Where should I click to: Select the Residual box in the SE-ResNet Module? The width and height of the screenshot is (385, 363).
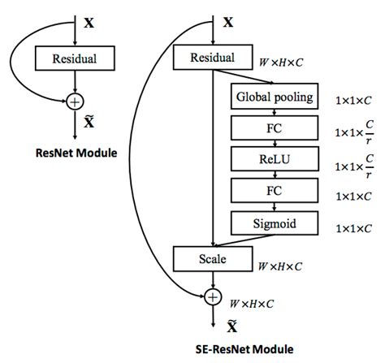pos(212,58)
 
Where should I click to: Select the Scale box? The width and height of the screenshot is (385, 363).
pos(212,260)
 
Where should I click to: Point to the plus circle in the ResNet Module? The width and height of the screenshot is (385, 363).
pos(75,102)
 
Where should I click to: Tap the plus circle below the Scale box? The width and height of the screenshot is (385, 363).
pos(212,297)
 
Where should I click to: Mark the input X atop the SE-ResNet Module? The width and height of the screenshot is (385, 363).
pos(228,24)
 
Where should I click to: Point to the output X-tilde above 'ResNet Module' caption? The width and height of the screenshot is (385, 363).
pos(89,123)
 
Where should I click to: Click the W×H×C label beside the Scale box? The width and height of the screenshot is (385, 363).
pos(279,266)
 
